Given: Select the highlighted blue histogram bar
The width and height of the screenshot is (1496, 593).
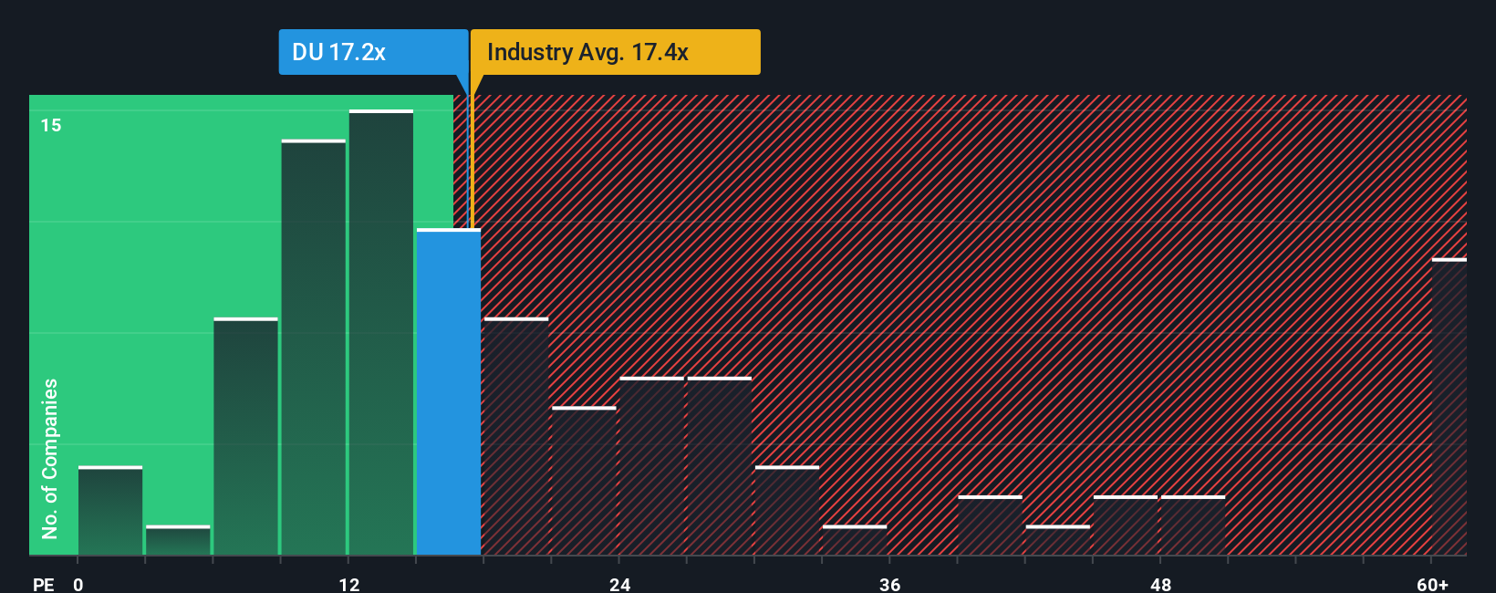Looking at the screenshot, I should [x=449, y=392].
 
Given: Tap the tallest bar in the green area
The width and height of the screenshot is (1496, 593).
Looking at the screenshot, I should [x=381, y=333].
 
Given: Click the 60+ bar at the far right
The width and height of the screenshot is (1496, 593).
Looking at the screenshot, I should [x=1449, y=407].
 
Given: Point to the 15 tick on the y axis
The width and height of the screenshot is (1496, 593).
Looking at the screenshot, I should [x=51, y=125].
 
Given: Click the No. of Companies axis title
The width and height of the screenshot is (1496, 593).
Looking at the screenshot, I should [x=50, y=458].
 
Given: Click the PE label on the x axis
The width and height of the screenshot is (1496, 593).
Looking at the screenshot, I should [x=43, y=584].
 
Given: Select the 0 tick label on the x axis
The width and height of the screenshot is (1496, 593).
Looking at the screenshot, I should [x=78, y=584].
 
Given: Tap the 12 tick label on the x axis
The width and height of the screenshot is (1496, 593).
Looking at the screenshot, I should [x=349, y=584].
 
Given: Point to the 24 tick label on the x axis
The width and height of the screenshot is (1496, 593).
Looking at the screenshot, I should [x=620, y=584].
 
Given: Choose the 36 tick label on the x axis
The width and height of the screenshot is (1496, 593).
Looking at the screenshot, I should [x=890, y=584].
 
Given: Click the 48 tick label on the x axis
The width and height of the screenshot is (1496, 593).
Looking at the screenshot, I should [x=1160, y=584].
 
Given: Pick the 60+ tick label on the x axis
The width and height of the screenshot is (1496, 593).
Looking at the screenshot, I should [x=1432, y=584].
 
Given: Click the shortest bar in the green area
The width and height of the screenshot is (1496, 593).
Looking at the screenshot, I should [x=178, y=541].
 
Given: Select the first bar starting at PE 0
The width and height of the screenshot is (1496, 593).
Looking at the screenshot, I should [x=110, y=511].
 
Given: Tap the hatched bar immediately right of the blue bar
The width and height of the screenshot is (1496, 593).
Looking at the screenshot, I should [x=516, y=436].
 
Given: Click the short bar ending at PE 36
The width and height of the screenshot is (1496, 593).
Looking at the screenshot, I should [x=855, y=540].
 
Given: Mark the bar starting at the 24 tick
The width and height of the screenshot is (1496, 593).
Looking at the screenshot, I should [x=652, y=466].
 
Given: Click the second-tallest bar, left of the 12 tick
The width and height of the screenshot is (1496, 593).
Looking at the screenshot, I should [x=314, y=348].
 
